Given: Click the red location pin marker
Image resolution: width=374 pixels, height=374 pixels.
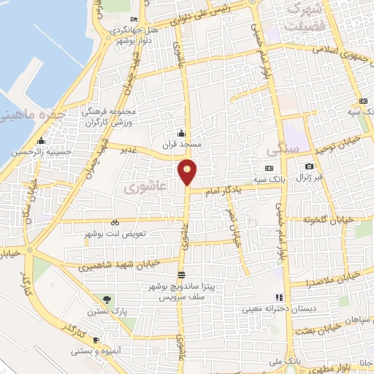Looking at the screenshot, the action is pyautogui.click(x=188, y=172).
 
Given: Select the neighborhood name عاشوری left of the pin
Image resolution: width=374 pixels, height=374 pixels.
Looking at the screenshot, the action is pyautogui.click(x=140, y=187).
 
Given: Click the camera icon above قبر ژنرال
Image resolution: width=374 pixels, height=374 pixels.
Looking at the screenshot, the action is pyautogui.click(x=309, y=167).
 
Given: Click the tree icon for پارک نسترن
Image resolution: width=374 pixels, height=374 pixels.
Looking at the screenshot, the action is pyautogui.click(x=108, y=299).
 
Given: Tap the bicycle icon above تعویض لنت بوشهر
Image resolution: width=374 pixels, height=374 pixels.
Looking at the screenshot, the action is pyautogui.click(x=115, y=222).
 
